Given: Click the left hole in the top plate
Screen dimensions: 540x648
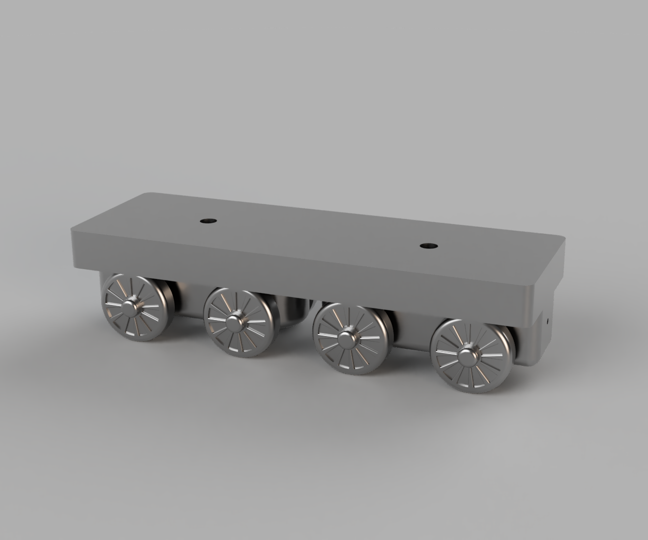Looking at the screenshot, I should tap(206, 220).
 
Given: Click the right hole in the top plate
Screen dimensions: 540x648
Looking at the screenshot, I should tap(426, 245).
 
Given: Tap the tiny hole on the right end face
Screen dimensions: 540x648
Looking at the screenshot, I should tap(548, 320).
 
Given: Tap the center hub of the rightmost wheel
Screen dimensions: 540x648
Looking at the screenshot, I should tap(467, 356).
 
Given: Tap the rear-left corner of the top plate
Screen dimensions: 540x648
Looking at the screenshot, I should tap(145, 194).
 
